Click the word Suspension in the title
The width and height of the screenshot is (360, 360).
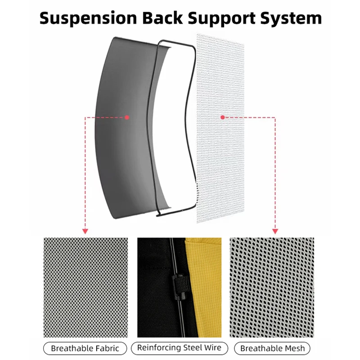point(88,18)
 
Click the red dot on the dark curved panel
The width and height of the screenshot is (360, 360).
point(127,117)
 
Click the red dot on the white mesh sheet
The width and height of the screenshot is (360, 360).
point(222,117)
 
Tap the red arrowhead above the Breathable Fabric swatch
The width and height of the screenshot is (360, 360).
point(85,231)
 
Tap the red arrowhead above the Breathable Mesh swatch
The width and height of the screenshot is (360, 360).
point(275,231)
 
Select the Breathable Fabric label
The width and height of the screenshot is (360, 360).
point(85,348)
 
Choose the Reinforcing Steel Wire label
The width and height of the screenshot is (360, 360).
point(179,348)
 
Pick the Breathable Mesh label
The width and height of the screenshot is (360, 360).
point(272,348)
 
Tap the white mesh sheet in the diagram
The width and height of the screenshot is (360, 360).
point(220,128)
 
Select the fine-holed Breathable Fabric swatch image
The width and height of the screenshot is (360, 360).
point(85,288)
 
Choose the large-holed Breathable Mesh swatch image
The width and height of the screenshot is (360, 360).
point(272,288)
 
